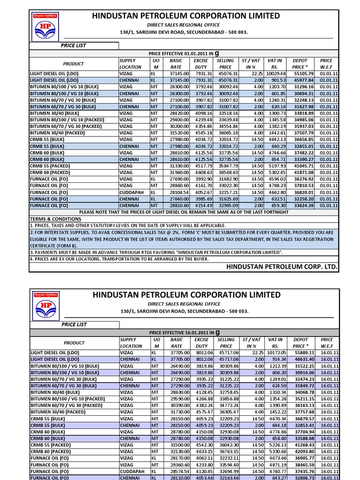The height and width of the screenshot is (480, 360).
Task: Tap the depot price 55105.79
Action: click(x=303, y=74)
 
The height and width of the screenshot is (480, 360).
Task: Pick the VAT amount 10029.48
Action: click(x=272, y=74)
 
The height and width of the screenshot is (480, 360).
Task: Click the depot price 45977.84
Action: click(x=303, y=80)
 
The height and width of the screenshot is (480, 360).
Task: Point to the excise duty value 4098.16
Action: click(x=203, y=113)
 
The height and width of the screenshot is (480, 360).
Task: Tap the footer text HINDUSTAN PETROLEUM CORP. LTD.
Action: click(x=281, y=267)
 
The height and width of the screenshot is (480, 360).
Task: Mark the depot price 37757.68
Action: click(x=303, y=411)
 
